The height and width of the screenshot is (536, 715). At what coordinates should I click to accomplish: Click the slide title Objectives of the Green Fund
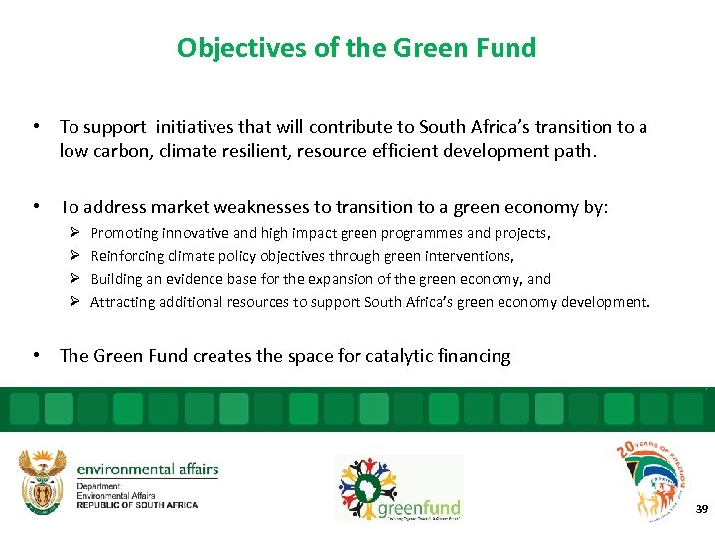pos(356,48)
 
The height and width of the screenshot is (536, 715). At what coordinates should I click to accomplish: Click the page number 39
pos(702,509)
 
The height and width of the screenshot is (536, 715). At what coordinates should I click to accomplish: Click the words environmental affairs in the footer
pos(147,469)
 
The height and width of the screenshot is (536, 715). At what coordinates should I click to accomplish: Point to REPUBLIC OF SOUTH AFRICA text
pos(137,505)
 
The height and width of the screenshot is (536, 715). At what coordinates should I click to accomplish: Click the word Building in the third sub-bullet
pos(116,279)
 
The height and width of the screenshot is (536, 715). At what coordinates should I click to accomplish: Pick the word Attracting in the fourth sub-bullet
pos(124,302)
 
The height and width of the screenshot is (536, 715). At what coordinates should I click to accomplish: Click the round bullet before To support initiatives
pos(35,127)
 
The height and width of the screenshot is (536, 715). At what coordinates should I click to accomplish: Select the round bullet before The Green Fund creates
pos(35,356)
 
